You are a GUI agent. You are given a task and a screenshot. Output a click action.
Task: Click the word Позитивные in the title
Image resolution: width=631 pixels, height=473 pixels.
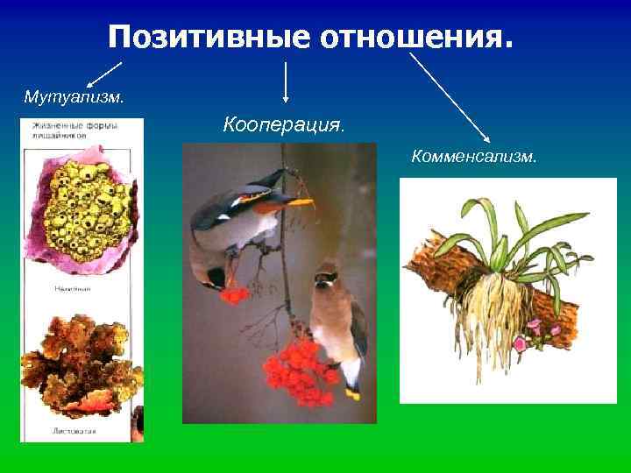click(x=210, y=37)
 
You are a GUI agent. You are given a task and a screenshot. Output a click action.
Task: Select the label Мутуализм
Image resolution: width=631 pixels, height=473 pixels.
click(x=74, y=95)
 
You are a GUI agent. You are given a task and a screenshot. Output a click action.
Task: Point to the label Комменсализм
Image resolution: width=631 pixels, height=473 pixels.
click(x=474, y=158)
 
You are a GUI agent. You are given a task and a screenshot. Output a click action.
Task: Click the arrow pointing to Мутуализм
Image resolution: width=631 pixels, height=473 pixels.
click(x=103, y=74)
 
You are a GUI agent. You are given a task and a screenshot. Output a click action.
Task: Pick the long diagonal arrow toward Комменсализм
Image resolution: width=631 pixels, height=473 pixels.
click(x=449, y=95)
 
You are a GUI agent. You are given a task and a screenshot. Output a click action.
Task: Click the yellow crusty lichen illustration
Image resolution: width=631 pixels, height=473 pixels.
click(x=83, y=215)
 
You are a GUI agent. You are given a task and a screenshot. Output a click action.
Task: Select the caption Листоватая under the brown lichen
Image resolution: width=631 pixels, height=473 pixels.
click(x=74, y=431)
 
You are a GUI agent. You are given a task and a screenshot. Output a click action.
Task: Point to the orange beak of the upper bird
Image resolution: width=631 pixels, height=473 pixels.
click(x=300, y=203)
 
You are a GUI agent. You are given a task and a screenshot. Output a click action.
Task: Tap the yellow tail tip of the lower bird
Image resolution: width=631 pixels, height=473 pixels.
click(x=352, y=394)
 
